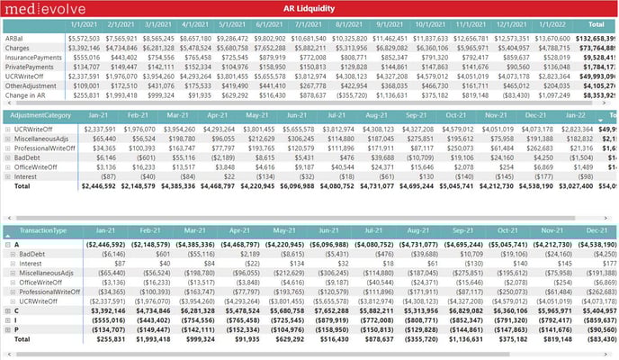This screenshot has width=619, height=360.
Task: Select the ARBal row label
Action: (x=15, y=39)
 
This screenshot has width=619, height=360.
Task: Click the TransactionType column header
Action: (x=43, y=230)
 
